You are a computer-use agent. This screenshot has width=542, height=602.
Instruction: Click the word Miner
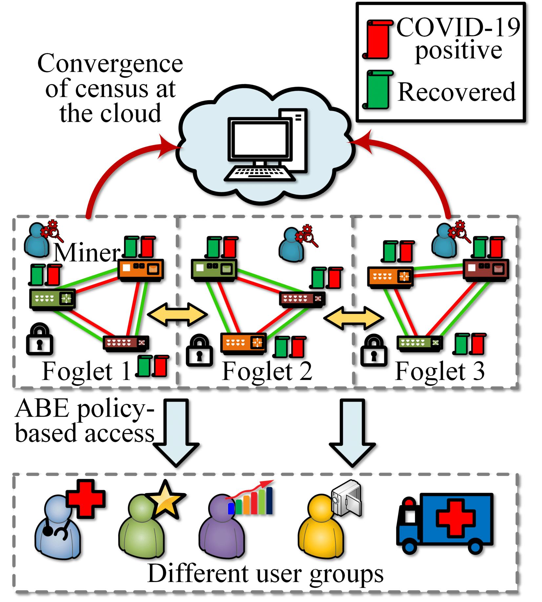pos(87,253)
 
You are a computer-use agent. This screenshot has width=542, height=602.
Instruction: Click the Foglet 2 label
pos(267,371)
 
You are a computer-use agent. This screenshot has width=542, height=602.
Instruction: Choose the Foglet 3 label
pos(440,371)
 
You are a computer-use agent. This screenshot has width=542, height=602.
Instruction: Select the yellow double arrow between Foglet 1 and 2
pos(177,315)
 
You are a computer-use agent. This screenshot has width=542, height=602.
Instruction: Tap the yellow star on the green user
pos(166,499)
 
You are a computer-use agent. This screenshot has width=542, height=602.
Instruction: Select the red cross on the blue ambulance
pos(456,518)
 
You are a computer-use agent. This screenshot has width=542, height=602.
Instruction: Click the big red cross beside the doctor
pos(86,499)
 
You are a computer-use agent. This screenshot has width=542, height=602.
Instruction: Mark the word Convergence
pos(110,63)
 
